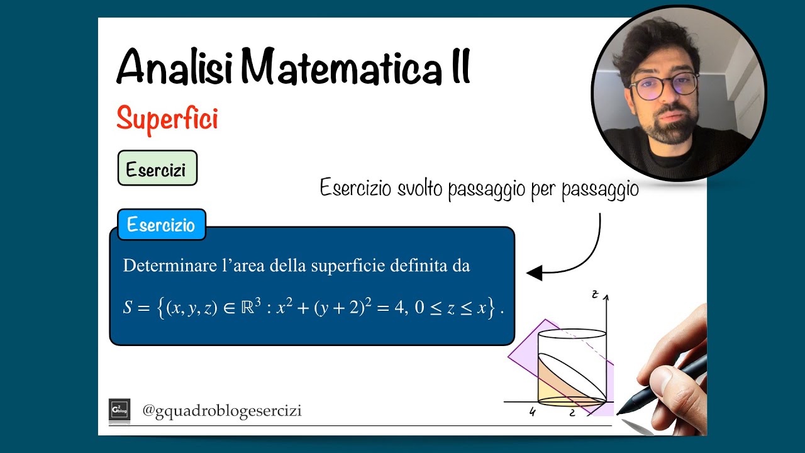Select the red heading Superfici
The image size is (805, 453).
[x=167, y=118]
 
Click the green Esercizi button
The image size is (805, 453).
[x=157, y=169]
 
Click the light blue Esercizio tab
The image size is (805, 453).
[x=161, y=225]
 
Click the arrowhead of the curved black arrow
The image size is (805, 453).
[x=534, y=273]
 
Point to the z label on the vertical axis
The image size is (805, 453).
[x=594, y=294]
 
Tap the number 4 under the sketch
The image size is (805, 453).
[x=533, y=413]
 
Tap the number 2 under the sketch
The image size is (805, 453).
[x=572, y=413]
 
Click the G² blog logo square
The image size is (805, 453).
[x=119, y=410]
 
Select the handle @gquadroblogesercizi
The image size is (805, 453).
[x=222, y=411]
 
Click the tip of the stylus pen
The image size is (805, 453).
[x=619, y=413]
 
